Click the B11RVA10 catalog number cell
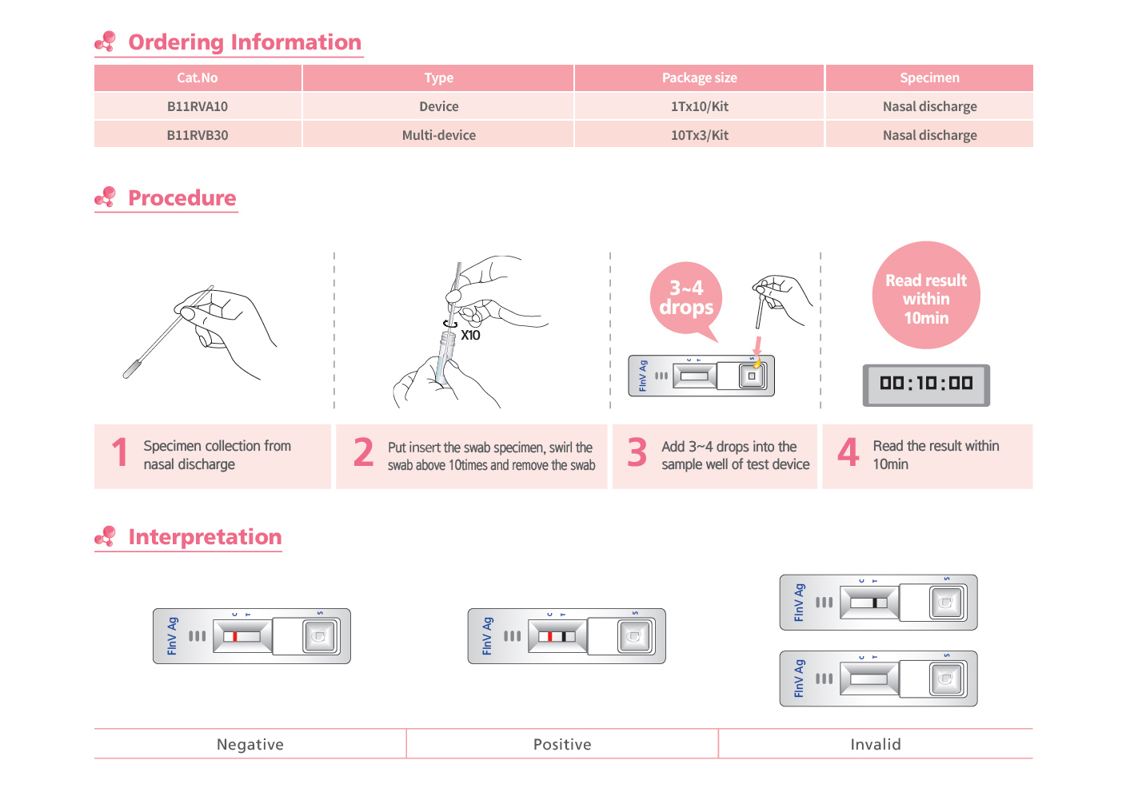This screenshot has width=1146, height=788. click(198, 106)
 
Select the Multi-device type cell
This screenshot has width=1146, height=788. click(438, 135)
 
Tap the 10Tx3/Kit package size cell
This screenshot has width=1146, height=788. click(699, 135)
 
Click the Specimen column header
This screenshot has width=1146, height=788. click(929, 78)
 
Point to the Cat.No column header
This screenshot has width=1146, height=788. click(198, 78)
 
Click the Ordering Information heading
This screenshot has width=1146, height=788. click(244, 42)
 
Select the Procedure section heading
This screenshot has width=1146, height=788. click(182, 198)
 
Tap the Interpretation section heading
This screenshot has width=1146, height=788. click(205, 537)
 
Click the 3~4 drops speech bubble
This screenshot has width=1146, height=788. click(686, 298)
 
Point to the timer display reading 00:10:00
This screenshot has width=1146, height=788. click(926, 384)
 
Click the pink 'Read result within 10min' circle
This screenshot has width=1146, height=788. click(926, 296)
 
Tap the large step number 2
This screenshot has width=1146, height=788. click(364, 452)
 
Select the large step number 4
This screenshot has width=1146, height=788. click(848, 452)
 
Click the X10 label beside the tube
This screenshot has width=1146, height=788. click(470, 336)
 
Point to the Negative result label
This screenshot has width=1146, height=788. click(250, 745)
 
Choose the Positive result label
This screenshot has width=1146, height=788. click(562, 745)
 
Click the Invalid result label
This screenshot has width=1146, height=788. click(876, 745)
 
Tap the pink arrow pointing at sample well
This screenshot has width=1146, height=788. click(757, 346)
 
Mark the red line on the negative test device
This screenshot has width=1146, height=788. click(235, 637)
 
